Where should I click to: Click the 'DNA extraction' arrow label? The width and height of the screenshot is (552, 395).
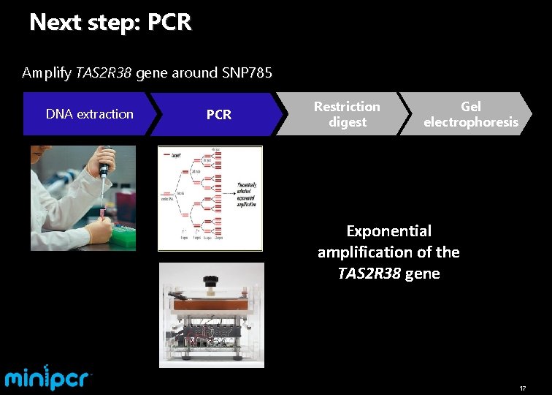[x=89, y=114]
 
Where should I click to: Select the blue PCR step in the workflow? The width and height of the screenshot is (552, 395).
[x=218, y=115]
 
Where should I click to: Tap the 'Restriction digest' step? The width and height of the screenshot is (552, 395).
[x=347, y=114]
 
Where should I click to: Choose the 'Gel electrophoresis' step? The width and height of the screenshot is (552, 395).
[x=471, y=114]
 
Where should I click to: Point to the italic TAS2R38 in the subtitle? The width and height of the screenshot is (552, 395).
[x=104, y=72]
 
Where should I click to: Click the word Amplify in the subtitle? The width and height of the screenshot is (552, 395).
[x=47, y=72]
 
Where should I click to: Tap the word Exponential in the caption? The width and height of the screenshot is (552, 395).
[x=388, y=231]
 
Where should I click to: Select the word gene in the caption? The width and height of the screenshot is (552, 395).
[x=422, y=274]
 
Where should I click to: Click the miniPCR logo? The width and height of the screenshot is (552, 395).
[x=48, y=377]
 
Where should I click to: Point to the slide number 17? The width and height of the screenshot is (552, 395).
[x=522, y=388]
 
